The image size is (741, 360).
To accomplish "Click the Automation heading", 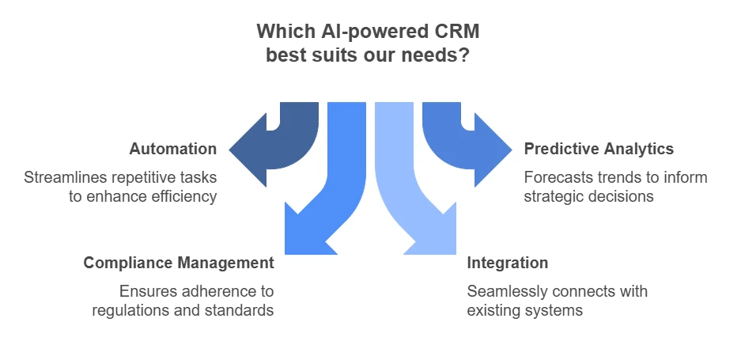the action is pyautogui.click(x=173, y=149).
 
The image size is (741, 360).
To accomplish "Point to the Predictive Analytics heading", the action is pyautogui.click(x=599, y=149).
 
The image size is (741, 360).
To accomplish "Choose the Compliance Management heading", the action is pyautogui.click(x=179, y=263).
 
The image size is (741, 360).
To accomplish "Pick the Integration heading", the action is pyautogui.click(x=507, y=263).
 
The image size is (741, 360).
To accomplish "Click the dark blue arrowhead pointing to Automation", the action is pyautogui.click(x=248, y=150).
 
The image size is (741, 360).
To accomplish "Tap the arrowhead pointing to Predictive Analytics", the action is pyautogui.click(x=493, y=150).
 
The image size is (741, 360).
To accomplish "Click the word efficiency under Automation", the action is pyautogui.click(x=183, y=196).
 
